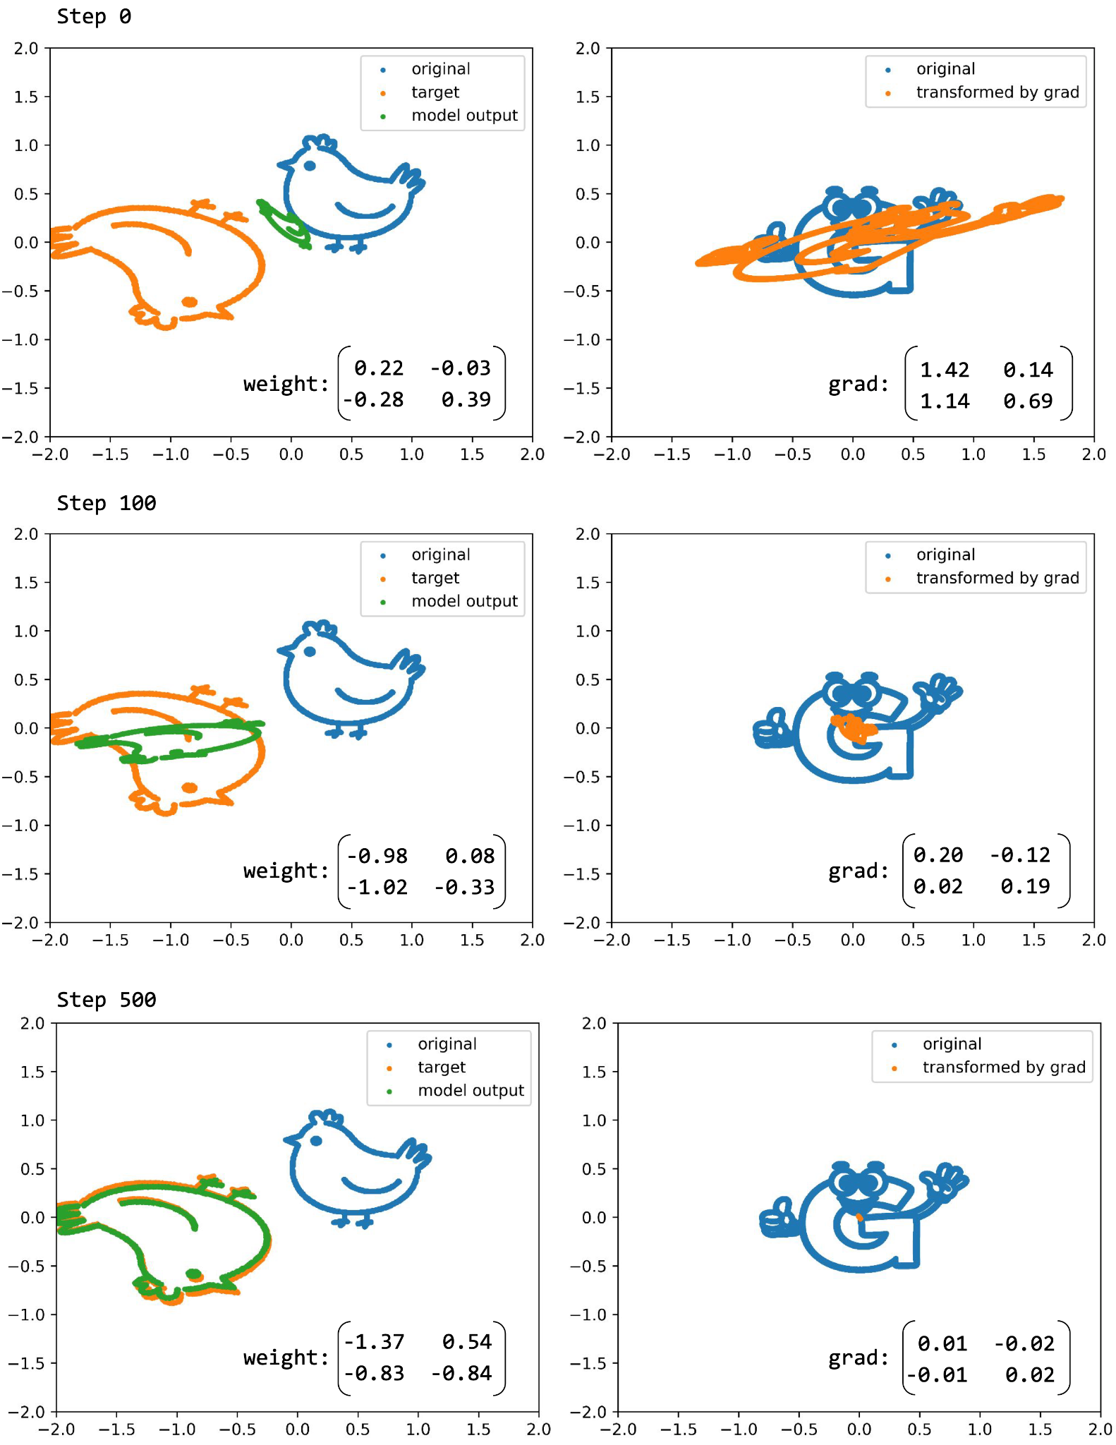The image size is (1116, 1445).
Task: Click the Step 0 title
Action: pos(94,16)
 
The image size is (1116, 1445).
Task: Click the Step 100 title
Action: pos(106,503)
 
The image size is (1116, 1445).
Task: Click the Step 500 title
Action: pos(106,1000)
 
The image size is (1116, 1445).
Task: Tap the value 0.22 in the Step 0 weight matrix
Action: pos(379,368)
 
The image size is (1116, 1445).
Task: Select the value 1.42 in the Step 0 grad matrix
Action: pos(945,370)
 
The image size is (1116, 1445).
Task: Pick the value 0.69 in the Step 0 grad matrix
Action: pos(1028,401)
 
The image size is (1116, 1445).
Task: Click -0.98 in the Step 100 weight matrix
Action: pos(377,856)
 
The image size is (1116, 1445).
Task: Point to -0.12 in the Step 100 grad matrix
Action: pos(1020,855)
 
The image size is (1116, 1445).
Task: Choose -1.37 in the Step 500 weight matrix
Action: pos(375,1341)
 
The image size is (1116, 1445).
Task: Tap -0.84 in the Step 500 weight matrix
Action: pos(462,1373)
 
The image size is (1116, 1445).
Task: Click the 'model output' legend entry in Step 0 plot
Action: pos(464,115)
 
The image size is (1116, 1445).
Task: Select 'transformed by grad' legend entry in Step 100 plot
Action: pos(997,578)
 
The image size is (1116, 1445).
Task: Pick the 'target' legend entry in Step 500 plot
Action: pos(441,1067)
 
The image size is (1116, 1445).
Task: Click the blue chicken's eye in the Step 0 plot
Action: pos(309,166)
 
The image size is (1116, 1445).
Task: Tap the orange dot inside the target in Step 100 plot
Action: pos(189,787)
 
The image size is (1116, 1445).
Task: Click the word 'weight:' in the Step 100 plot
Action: pos(286,871)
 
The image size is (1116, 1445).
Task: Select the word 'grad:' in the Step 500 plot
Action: pos(858,1358)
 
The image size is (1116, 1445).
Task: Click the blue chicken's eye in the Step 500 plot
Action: pos(315,1141)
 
